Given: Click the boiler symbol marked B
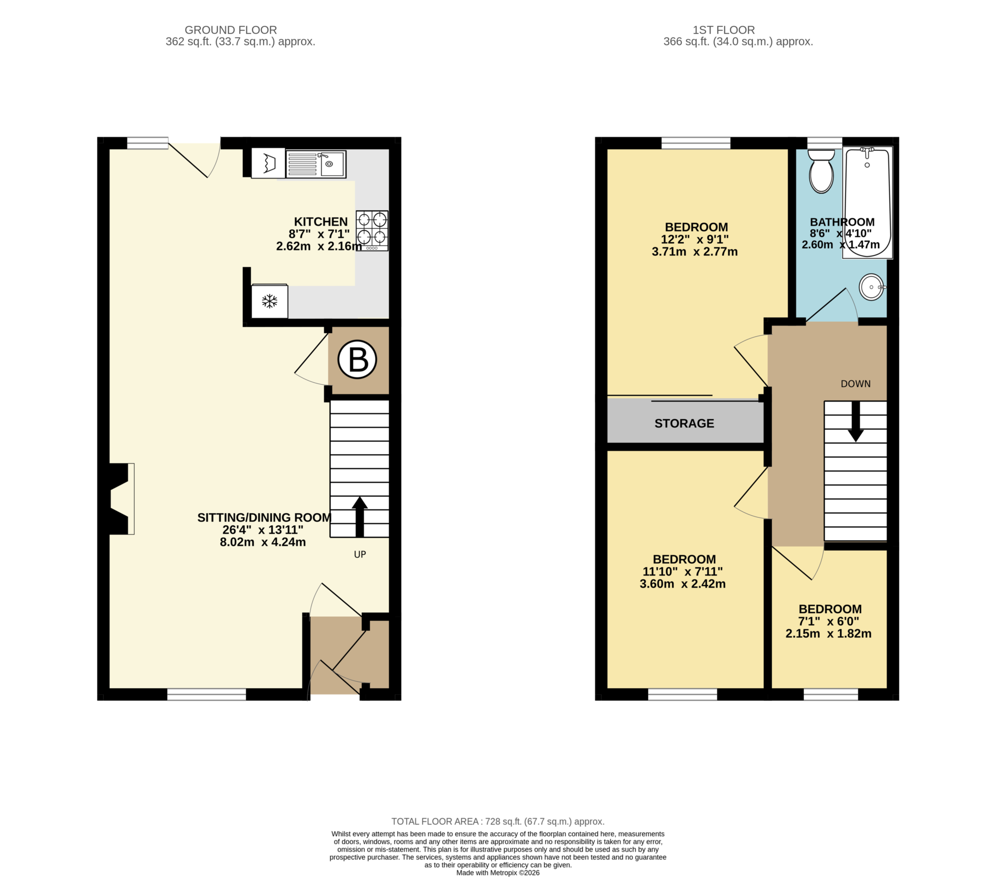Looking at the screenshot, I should [x=357, y=360].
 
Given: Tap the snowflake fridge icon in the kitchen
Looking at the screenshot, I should [x=269, y=301].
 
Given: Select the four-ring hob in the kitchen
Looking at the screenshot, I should [x=372, y=230].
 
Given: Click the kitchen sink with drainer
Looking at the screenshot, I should [x=316, y=164].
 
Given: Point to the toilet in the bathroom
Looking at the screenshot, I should [x=821, y=172].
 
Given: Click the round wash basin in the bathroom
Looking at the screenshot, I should [x=871, y=287].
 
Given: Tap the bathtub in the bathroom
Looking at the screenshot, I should [x=867, y=202].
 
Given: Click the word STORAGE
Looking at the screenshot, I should [x=684, y=423].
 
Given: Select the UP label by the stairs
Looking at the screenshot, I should [x=359, y=555].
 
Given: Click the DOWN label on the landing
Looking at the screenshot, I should [x=855, y=384].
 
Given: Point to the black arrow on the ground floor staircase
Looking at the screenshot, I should [x=359, y=517].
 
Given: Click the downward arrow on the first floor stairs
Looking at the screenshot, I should [x=855, y=422].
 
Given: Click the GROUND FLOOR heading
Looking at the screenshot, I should [x=231, y=30].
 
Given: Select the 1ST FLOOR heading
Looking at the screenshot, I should [x=724, y=30].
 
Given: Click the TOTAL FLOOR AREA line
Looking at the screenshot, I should [x=498, y=822].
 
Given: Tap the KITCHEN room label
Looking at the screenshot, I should [x=320, y=222].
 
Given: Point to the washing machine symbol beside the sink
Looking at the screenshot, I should [x=268, y=163].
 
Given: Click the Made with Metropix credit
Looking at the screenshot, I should [x=498, y=873].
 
